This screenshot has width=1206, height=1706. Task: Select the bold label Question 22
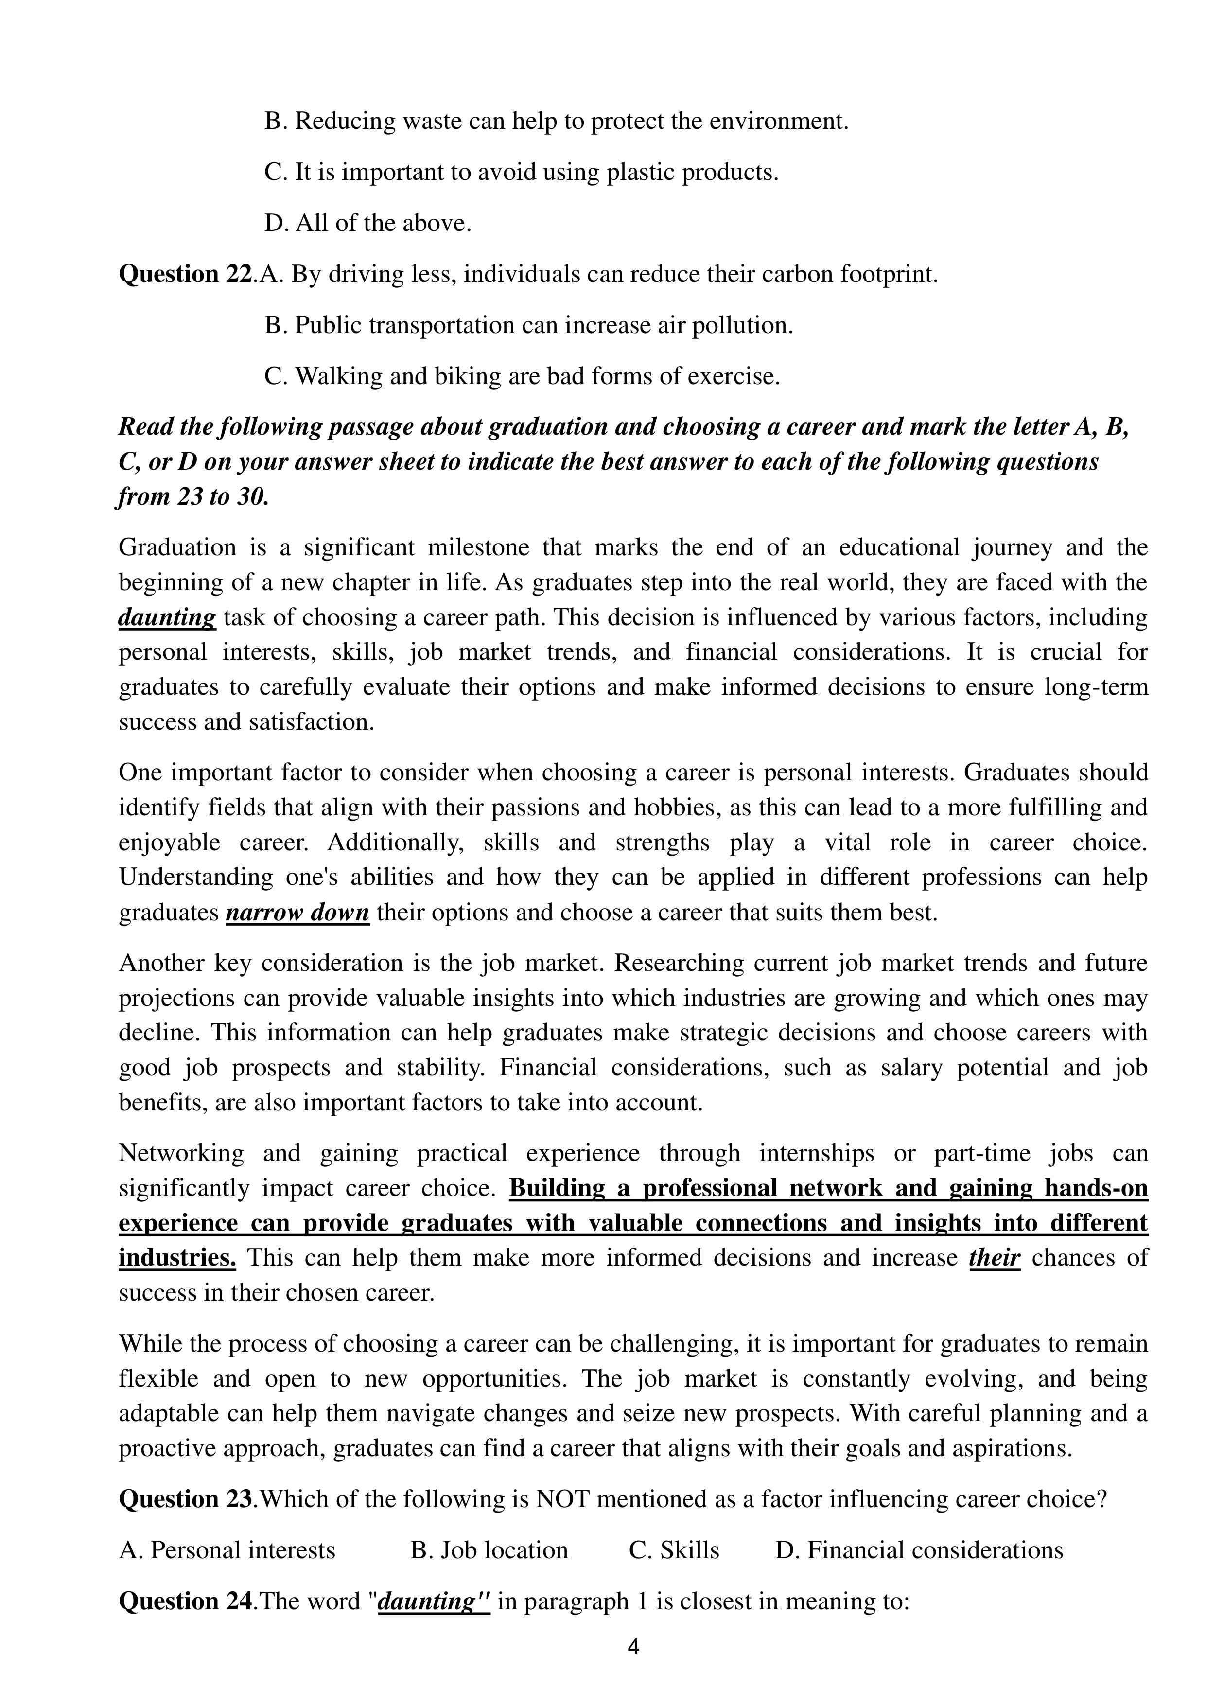(x=186, y=274)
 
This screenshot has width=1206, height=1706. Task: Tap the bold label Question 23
(x=186, y=1499)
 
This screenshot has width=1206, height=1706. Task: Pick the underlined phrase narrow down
(x=297, y=913)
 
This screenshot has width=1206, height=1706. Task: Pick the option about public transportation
(x=528, y=325)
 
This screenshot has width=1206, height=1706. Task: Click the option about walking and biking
(x=522, y=377)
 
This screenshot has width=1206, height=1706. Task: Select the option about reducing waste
(x=556, y=121)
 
